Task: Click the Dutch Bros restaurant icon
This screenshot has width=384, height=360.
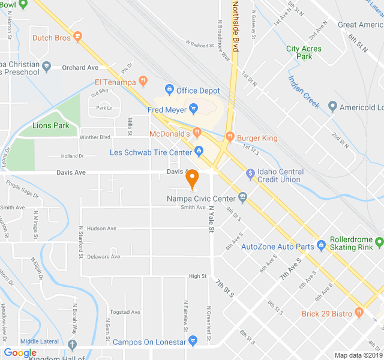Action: pyautogui.click(x=77, y=37)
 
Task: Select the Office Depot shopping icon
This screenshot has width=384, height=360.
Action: pyautogui.click(x=170, y=91)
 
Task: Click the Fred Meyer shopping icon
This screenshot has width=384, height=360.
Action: pyautogui.click(x=193, y=110)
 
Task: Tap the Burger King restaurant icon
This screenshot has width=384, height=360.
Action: pyautogui.click(x=229, y=138)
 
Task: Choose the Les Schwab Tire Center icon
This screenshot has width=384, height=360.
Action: pyautogui.click(x=199, y=152)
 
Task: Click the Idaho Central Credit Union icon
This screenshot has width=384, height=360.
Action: pyautogui.click(x=251, y=174)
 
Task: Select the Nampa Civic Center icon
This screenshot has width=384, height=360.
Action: pyautogui.click(x=242, y=196)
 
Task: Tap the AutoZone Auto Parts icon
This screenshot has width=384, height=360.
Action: pyautogui.click(x=322, y=245)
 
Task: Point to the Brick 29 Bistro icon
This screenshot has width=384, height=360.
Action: pyautogui.click(x=359, y=313)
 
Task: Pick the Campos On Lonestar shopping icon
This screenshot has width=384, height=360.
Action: pyautogui.click(x=193, y=341)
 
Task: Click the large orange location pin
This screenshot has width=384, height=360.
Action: pyautogui.click(x=192, y=178)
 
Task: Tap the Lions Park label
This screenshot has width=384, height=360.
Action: pyautogui.click(x=51, y=125)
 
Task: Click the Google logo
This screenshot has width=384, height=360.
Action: pyautogui.click(x=20, y=353)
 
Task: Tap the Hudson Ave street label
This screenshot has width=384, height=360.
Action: pyautogui.click(x=101, y=229)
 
